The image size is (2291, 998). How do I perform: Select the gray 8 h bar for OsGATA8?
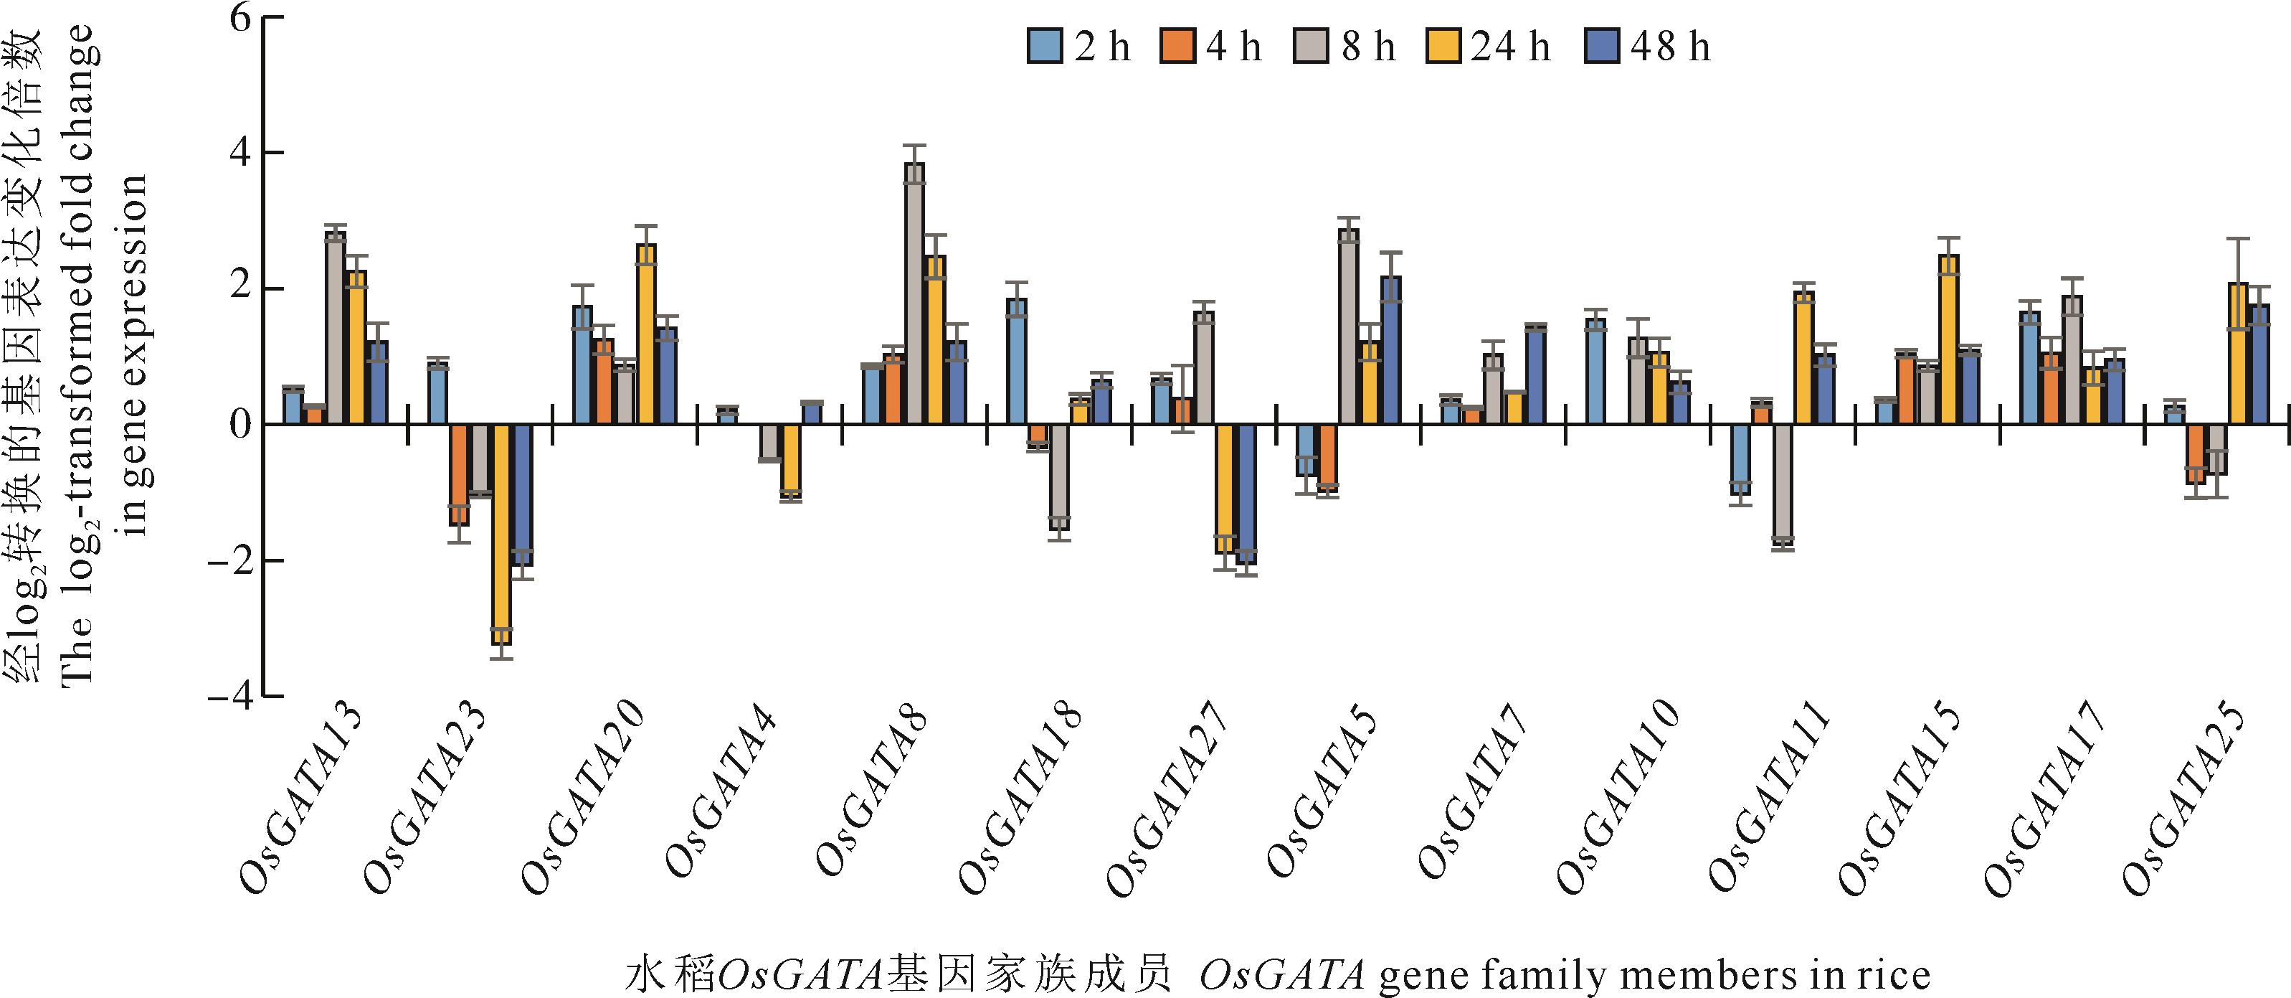(x=914, y=293)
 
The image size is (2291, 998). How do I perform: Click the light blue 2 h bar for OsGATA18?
(x=1017, y=361)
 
